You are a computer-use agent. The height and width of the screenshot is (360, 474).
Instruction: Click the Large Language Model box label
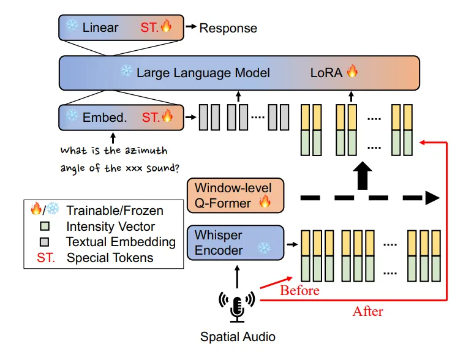(x=203, y=73)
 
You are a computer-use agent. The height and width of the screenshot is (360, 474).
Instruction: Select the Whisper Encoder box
(x=233, y=242)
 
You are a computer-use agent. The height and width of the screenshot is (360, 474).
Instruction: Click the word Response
(x=228, y=28)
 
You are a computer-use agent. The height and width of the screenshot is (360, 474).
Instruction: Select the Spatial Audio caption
(x=238, y=337)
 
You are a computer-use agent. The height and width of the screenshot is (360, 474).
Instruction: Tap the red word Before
(x=299, y=290)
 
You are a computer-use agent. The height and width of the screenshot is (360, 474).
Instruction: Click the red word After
(x=367, y=311)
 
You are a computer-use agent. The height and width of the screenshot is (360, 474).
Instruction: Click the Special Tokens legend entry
(x=110, y=257)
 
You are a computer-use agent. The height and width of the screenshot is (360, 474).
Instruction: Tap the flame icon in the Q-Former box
(x=264, y=202)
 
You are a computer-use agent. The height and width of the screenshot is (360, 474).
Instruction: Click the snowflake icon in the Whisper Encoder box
(x=263, y=248)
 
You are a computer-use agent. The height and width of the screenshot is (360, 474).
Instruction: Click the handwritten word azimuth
(x=146, y=151)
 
